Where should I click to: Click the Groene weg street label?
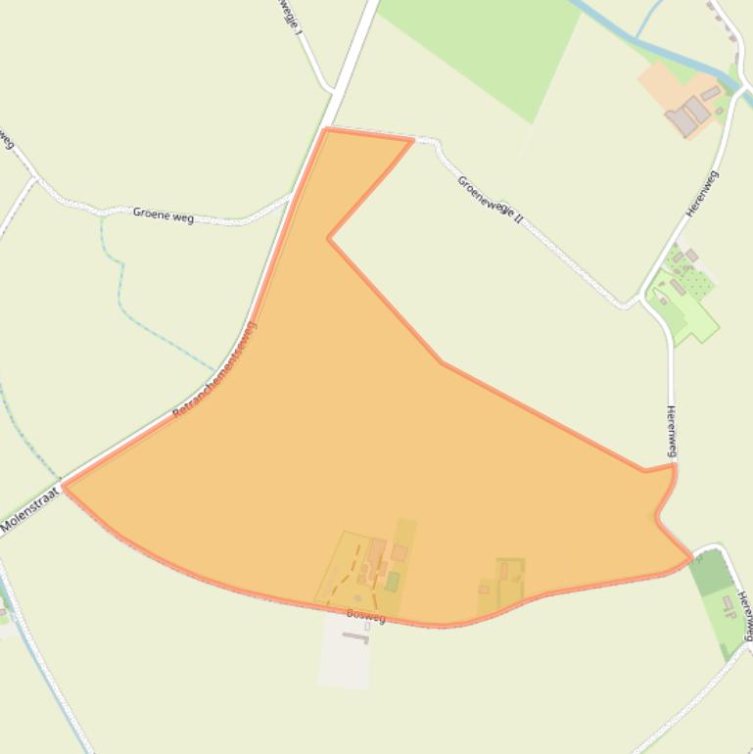coord(164,215)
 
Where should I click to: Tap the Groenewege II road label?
coord(491,201)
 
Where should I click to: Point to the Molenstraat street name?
coord(29,511)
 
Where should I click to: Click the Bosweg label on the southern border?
coord(365,615)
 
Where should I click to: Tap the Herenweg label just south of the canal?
coord(702,193)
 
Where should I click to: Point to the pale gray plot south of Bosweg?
coord(345,656)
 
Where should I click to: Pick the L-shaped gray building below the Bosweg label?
coord(355,637)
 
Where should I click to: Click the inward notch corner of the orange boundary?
coord(329,238)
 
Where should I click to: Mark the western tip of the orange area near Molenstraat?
coord(65,485)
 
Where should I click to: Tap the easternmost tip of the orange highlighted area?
coord(691,558)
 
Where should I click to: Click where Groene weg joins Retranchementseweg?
coord(291,196)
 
